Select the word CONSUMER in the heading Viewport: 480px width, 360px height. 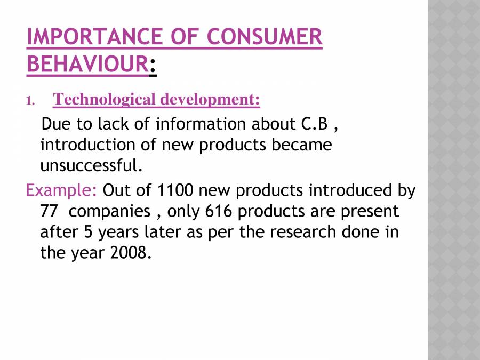pos(265,37)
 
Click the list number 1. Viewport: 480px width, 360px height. pos(30,101)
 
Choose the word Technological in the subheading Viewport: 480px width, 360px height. pos(104,100)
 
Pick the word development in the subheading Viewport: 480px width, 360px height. pos(210,100)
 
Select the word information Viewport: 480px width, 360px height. pos(201,124)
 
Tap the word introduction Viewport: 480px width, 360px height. pos(88,145)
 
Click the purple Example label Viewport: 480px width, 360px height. pos(61,190)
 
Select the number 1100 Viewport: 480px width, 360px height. pos(175,190)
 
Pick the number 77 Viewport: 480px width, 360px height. pos(49,211)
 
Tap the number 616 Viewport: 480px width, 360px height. pos(218,211)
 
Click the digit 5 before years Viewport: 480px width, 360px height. pos(88,232)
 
